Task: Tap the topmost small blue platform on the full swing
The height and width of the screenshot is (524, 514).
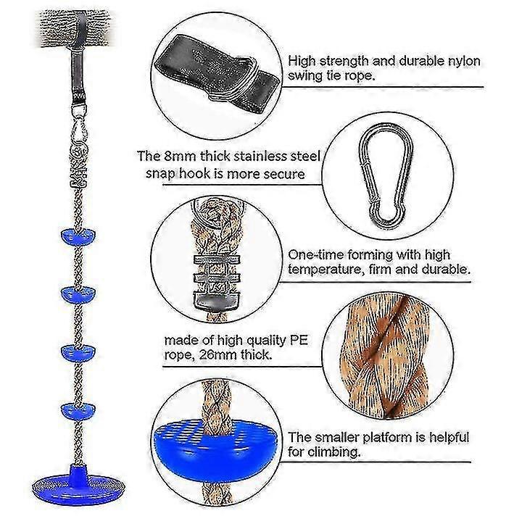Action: coord(78,236)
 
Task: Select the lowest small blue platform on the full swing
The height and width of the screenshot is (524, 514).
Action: coord(78,411)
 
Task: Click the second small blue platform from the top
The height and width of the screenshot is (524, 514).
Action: coord(78,294)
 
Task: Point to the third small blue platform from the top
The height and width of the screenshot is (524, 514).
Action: coord(78,353)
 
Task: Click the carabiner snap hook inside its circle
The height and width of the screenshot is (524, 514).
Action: coord(386,175)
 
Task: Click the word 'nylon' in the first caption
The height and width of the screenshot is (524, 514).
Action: coord(463,61)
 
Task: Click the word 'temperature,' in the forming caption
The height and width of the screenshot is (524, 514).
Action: coord(326,270)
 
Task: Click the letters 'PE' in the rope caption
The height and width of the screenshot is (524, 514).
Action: coord(299,340)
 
